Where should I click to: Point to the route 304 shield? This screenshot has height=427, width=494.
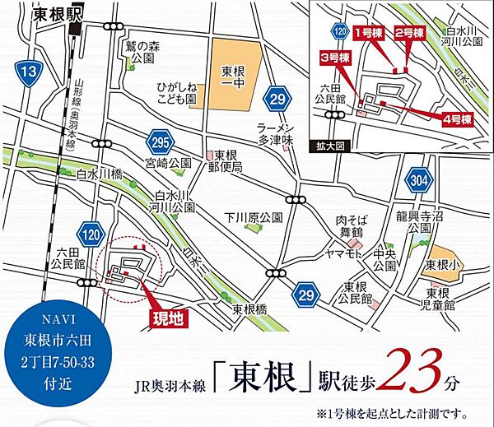pos(417,181)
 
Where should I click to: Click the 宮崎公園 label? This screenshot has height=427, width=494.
pos(162,163)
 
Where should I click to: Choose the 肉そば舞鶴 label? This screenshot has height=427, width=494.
pos(350,225)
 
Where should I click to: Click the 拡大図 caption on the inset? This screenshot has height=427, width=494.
pos(328,146)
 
